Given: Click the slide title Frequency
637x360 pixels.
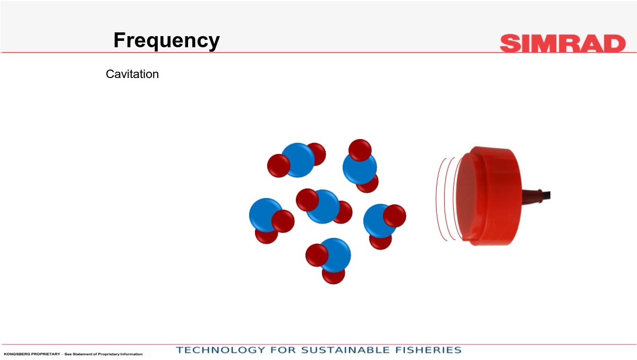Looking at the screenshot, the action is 167,40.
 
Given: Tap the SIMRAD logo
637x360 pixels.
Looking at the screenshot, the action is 563,44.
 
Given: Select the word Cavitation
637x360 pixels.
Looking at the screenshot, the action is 132,74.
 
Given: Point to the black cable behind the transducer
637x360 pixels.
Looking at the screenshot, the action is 546,195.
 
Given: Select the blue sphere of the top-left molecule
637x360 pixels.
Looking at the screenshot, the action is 298,160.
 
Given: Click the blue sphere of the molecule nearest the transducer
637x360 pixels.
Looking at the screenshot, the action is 379,221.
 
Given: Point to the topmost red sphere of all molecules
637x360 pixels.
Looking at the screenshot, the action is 360,150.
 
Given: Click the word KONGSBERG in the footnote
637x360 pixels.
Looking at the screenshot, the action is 15,354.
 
